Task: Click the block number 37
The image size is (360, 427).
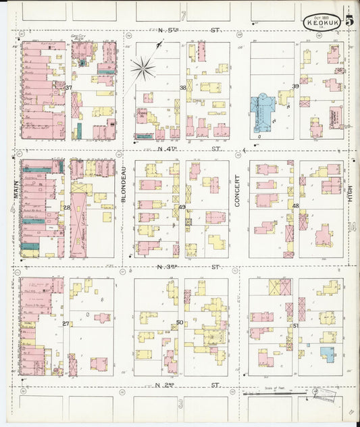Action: click(x=68, y=88)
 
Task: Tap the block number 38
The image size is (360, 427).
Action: click(x=182, y=88)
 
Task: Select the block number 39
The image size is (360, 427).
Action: click(x=295, y=86)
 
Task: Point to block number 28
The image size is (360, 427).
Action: click(x=67, y=207)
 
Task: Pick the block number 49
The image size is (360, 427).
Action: click(x=182, y=207)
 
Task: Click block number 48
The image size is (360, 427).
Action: click(x=295, y=205)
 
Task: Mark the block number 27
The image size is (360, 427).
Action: click(x=66, y=324)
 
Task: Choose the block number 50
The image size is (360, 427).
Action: click(x=180, y=322)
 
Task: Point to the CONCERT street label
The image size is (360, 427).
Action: click(x=238, y=186)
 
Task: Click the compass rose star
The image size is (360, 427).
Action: click(x=143, y=67)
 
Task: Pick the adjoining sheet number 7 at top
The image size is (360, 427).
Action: click(x=182, y=14)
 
